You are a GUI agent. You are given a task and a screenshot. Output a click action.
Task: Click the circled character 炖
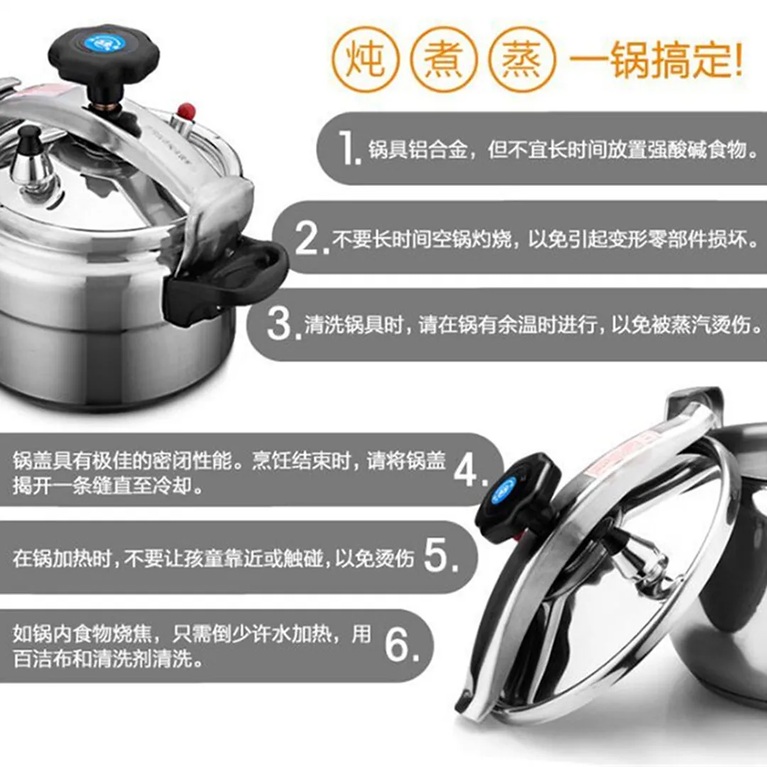pos(366,59)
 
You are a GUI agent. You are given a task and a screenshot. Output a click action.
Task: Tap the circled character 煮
pos(443,60)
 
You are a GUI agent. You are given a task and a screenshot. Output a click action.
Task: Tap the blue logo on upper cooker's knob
pos(105,43)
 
